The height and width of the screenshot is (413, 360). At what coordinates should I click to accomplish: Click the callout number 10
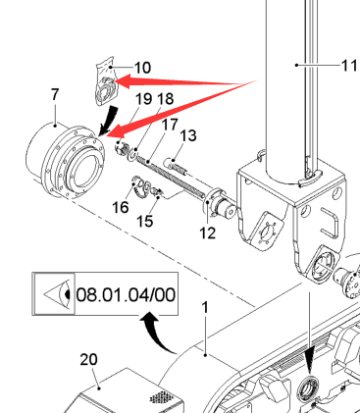[142, 68]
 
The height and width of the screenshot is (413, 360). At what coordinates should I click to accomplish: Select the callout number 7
[55, 94]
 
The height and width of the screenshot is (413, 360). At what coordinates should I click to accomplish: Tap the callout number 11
[350, 66]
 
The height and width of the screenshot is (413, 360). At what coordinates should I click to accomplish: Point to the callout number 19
[144, 99]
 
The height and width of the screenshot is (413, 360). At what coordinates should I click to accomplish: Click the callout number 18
[166, 99]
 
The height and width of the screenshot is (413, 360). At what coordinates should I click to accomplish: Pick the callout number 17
[170, 125]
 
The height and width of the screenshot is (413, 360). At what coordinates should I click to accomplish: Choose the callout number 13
[188, 135]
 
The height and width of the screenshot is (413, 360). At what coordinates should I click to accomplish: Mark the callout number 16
[121, 207]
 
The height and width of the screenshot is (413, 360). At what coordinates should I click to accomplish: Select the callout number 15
[144, 221]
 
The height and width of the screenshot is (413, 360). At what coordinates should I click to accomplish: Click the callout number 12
[208, 233]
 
